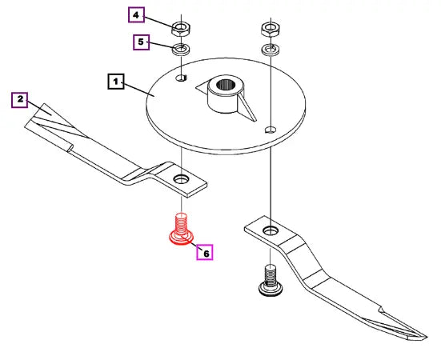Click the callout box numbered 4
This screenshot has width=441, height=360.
pyautogui.click(x=136, y=15)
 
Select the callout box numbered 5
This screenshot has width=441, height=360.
pyautogui.click(x=141, y=42)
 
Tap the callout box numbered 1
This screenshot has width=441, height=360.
pyautogui.click(x=116, y=82)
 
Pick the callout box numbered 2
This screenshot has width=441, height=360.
pyautogui.click(x=20, y=100)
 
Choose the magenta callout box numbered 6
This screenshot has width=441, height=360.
pyautogui.click(x=205, y=252)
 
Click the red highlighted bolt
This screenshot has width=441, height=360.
pyautogui.click(x=182, y=230)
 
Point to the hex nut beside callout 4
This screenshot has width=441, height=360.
pyautogui.click(x=181, y=29)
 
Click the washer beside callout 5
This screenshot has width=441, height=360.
pyautogui.click(x=181, y=49)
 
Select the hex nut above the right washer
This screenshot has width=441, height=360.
pyautogui.click(x=271, y=30)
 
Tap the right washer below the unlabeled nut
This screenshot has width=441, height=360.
pyautogui.click(x=271, y=49)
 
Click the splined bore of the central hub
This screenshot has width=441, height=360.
pyautogui.click(x=226, y=84)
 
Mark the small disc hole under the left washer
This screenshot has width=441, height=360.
pyautogui.click(x=182, y=78)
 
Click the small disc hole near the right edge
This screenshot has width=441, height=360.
pyautogui.click(x=271, y=130)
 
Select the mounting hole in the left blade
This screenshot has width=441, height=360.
pyautogui.click(x=181, y=178)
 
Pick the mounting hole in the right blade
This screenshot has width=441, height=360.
pyautogui.click(x=271, y=230)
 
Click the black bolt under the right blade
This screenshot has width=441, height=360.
pyautogui.click(x=271, y=281)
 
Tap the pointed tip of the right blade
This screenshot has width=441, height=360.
pyautogui.click(x=427, y=338)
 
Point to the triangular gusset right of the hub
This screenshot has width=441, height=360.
pyautogui.click(x=247, y=108)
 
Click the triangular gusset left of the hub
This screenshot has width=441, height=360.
pyautogui.click(x=202, y=88)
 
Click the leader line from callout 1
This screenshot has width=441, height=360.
pyautogui.click(x=138, y=90)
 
